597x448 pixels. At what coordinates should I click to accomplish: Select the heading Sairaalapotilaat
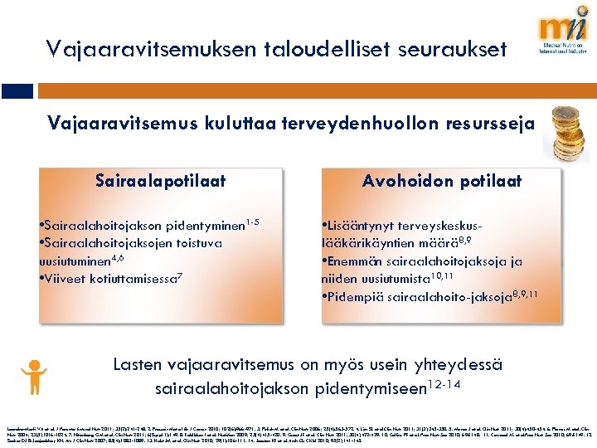[160, 181]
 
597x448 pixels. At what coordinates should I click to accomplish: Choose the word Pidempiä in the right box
[357, 295]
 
